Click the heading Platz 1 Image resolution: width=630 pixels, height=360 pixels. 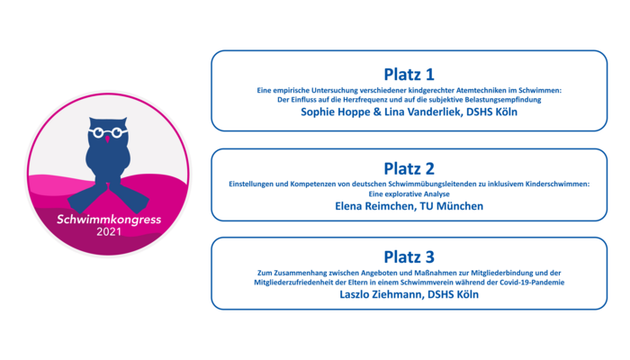[409, 75]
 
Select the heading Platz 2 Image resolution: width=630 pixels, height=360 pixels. [409, 169]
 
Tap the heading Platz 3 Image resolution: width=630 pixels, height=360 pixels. [409, 257]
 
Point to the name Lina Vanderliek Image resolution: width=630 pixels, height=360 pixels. [423, 112]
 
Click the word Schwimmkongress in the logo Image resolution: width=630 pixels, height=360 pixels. [109, 220]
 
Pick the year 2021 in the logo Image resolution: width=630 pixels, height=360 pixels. [109, 232]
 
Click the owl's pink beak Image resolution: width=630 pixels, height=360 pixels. [107, 139]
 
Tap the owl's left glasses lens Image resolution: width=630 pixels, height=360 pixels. [98, 132]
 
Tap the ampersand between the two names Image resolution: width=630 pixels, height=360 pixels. [377, 112]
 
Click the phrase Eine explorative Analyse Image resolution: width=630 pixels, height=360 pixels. [409, 194]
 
